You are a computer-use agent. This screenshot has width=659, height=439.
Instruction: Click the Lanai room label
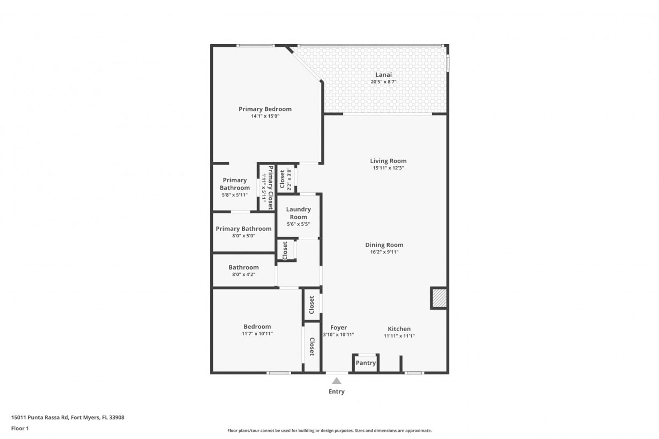click(x=383, y=75)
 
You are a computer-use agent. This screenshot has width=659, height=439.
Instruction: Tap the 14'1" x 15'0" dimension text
click(x=265, y=116)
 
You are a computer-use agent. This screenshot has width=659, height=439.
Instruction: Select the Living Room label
click(x=388, y=161)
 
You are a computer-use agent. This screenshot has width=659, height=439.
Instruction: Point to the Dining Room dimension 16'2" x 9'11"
click(x=384, y=252)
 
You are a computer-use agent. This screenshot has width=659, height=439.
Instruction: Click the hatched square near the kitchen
click(x=439, y=298)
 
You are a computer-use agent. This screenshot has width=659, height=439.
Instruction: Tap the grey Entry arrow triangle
click(x=336, y=381)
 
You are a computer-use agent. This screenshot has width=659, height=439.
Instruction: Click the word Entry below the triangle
click(x=336, y=391)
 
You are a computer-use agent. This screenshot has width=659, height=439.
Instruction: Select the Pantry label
click(x=366, y=363)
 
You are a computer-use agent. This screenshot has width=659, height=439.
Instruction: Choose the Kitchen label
click(x=399, y=329)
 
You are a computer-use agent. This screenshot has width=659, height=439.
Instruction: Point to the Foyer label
click(x=338, y=328)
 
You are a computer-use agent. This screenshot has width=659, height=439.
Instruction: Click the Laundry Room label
click(x=298, y=213)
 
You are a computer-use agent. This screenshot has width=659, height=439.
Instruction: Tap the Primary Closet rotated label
click(x=271, y=188)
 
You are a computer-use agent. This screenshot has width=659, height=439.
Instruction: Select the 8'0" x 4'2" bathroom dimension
click(x=244, y=274)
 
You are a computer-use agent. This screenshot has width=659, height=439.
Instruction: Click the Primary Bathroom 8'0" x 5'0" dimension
click(x=244, y=236)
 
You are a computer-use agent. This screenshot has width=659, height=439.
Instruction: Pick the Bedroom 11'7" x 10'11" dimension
click(x=257, y=334)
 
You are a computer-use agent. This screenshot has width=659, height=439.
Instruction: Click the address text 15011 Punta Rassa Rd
click(x=40, y=417)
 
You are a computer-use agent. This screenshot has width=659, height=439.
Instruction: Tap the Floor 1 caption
click(x=20, y=428)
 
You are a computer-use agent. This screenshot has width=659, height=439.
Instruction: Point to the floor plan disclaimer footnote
click(x=329, y=430)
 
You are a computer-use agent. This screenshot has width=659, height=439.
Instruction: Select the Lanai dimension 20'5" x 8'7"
click(x=383, y=82)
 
